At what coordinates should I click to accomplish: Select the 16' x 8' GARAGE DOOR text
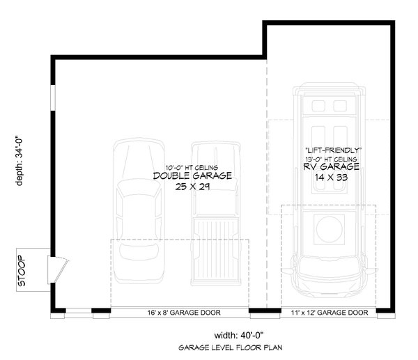pos(180,313)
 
